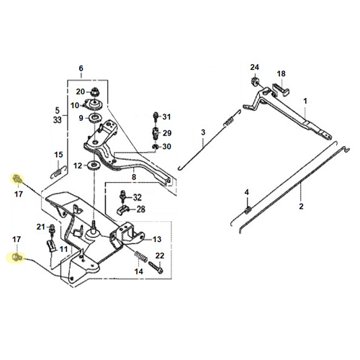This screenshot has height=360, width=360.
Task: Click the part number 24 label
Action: pyautogui.click(x=255, y=67)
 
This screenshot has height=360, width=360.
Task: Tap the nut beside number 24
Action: pyautogui.click(x=255, y=81)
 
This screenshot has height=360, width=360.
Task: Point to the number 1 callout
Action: pyautogui.click(x=305, y=101)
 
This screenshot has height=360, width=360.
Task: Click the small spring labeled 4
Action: pyautogui.click(x=248, y=210)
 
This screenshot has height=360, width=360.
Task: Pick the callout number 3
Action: pyautogui.click(x=203, y=132)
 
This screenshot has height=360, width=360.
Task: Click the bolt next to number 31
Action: pyautogui.click(x=156, y=117)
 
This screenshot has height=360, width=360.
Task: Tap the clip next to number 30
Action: pyautogui.click(x=156, y=146)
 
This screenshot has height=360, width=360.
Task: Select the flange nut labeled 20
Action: pyautogui.click(x=94, y=91)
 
